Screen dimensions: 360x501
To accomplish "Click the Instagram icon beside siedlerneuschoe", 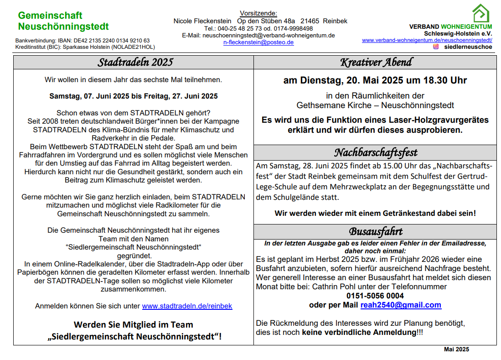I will click(436, 47).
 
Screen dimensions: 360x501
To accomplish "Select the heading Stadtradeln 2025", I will click(135, 62).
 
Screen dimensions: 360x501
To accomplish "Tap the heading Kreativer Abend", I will click(376, 62).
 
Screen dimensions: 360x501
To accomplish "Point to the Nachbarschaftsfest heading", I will click(376, 152).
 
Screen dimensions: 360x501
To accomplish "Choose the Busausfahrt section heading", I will click(376, 231).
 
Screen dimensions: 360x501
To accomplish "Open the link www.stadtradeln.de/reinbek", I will click(187, 306).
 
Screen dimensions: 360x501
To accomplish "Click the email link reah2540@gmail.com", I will click(401, 305).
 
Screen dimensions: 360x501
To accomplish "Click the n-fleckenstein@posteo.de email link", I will click(258, 42).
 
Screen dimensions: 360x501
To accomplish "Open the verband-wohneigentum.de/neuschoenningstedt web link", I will click(427, 40).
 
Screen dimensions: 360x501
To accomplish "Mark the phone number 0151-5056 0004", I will click(375, 296).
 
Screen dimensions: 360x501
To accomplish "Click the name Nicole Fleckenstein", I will click(202, 21).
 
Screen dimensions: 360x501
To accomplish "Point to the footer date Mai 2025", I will click(456, 350).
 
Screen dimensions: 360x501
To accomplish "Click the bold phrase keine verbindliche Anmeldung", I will click(359, 332).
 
